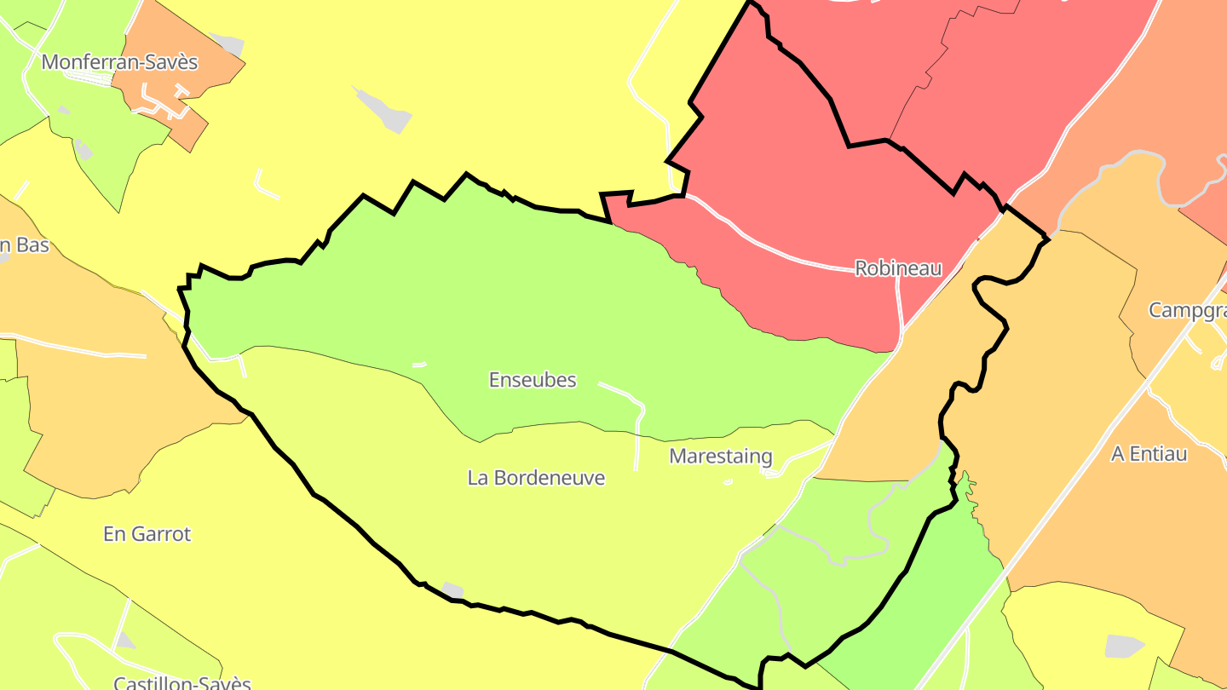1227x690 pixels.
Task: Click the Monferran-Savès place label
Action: tap(119, 62)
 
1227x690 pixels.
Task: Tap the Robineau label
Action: tap(898, 268)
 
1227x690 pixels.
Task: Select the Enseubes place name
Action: tap(533, 380)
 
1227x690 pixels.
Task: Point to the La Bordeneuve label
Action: tap(536, 478)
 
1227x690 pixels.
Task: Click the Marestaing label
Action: tap(720, 456)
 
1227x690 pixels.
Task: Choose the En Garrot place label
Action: tap(147, 534)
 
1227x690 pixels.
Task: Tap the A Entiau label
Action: tap(1149, 454)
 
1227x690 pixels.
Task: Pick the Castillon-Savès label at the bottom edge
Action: tap(182, 683)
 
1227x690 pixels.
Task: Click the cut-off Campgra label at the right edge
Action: tap(1187, 310)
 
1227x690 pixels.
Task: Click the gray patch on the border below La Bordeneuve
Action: tap(452, 589)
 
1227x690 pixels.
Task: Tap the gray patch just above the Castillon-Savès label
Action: tap(124, 641)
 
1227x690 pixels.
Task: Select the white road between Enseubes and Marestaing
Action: tap(637, 422)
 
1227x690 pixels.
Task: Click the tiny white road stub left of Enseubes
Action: tap(419, 365)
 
